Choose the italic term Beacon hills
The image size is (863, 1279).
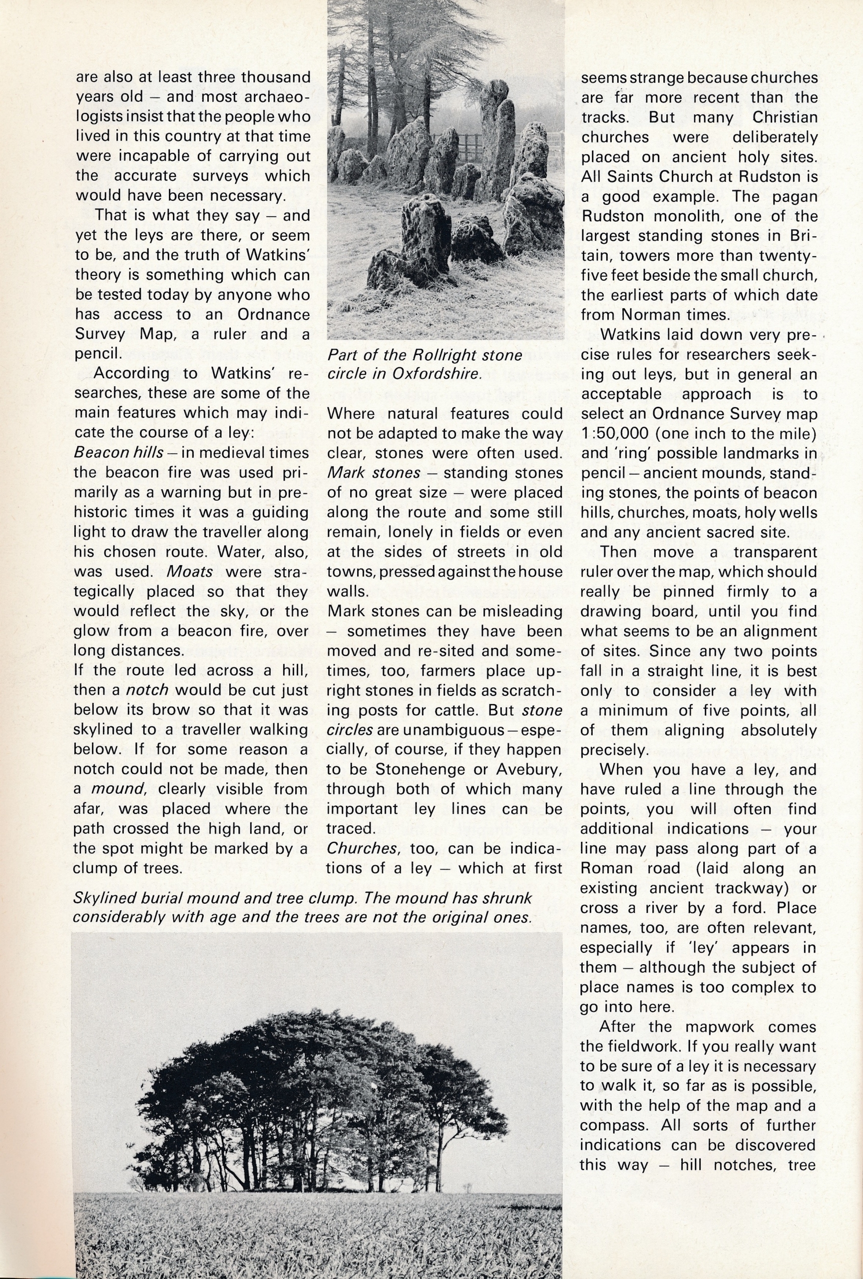click(x=118, y=452)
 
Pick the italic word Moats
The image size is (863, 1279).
click(x=190, y=571)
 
